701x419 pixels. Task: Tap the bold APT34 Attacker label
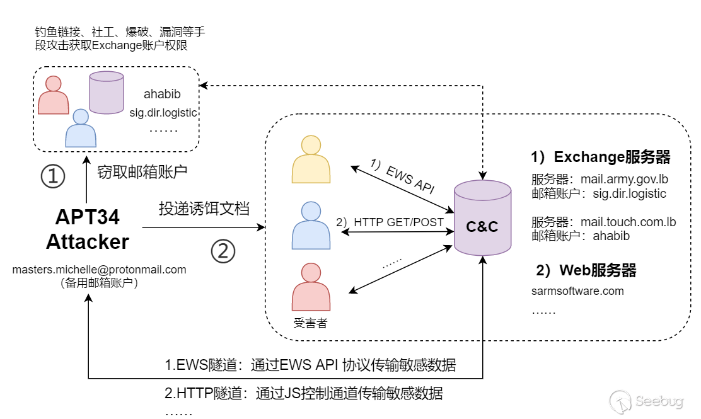pyautogui.click(x=88, y=229)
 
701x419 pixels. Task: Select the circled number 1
pyautogui.click(x=54, y=177)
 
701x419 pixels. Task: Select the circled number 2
pyautogui.click(x=223, y=252)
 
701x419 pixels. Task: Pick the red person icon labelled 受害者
pyautogui.click(x=311, y=287)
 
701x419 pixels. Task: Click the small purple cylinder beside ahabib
pyautogui.click(x=107, y=93)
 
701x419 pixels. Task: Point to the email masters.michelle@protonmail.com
pyautogui.click(x=100, y=270)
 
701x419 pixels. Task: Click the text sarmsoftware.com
pyautogui.click(x=577, y=291)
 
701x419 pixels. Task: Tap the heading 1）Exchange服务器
pyautogui.click(x=600, y=157)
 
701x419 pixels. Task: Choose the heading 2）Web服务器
pyautogui.click(x=586, y=271)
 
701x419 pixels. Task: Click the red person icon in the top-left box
pyautogui.click(x=54, y=96)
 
